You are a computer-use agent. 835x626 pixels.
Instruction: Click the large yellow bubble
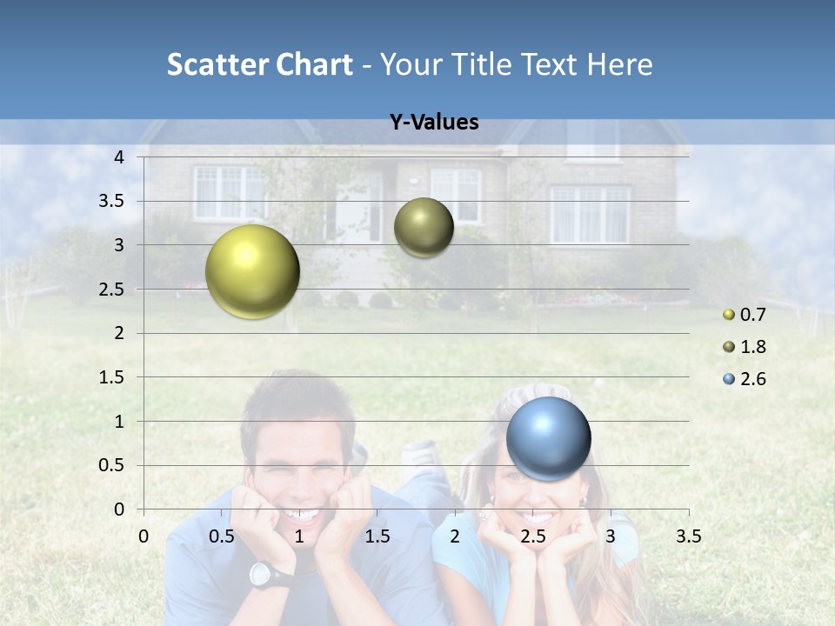252,271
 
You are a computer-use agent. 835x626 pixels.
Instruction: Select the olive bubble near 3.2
424,227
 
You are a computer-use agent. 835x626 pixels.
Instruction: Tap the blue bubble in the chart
548,438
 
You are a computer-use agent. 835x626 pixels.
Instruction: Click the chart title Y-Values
434,123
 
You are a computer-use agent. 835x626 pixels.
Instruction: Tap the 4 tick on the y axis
119,157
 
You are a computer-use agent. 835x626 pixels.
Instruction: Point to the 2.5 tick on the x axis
532,536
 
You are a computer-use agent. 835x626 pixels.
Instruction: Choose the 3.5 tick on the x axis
688,536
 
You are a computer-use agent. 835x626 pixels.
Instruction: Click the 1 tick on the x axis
299,536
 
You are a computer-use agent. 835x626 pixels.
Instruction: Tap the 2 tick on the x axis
455,536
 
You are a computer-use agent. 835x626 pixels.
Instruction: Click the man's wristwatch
264,575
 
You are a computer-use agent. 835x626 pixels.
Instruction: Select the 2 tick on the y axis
119,334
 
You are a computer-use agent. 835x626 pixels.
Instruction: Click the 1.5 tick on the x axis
377,536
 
